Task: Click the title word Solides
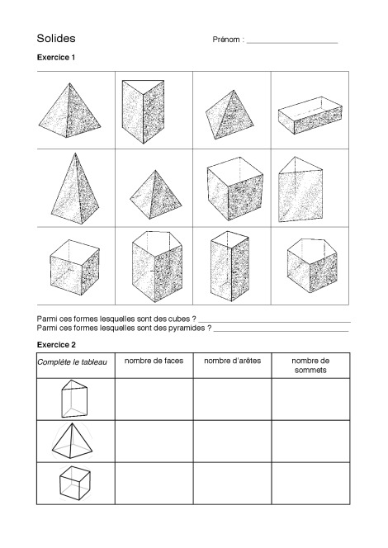pyautogui.click(x=56, y=39)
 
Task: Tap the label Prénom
pyautogui.click(x=227, y=40)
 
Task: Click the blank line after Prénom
pyautogui.click(x=292, y=41)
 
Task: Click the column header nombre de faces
pyautogui.click(x=153, y=361)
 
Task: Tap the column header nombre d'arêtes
pyautogui.click(x=231, y=361)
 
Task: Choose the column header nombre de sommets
pyautogui.click(x=310, y=366)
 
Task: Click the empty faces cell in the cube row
pyautogui.click(x=153, y=482)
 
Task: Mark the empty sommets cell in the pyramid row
pyautogui.click(x=310, y=442)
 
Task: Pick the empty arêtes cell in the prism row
pyautogui.click(x=231, y=399)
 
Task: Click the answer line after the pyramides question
pyautogui.click(x=281, y=329)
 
